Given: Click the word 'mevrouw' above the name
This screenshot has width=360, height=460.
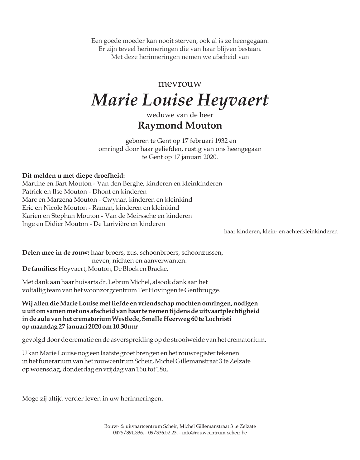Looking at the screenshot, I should [180, 84].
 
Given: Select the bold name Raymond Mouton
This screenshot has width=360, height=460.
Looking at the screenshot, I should [180, 126].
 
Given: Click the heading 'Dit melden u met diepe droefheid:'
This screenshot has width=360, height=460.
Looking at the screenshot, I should [73, 175].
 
